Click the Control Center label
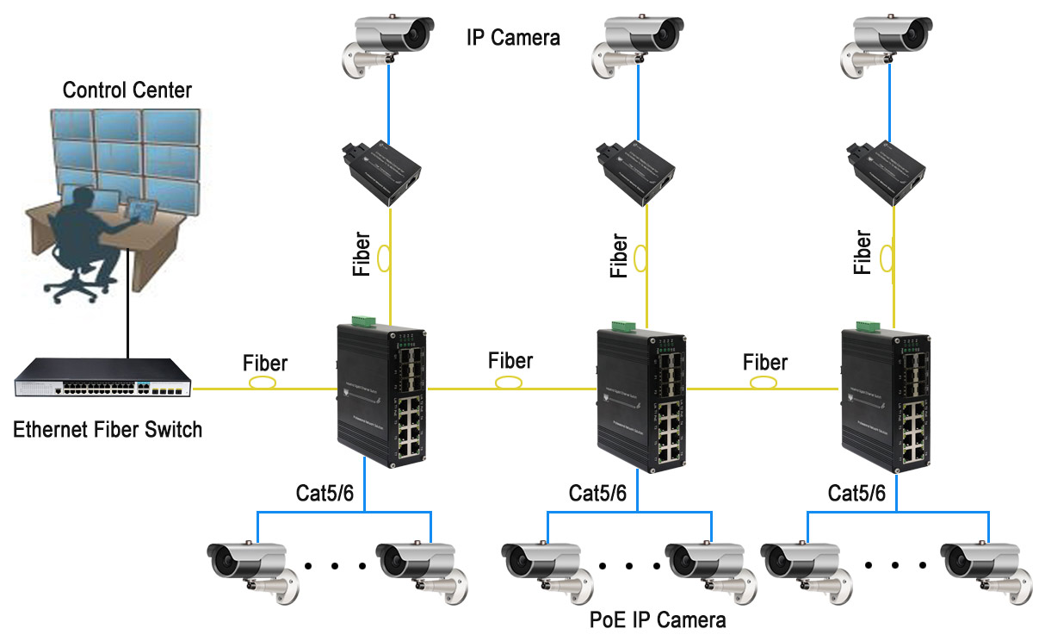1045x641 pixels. click(x=127, y=90)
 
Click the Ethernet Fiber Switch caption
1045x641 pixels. click(x=108, y=429)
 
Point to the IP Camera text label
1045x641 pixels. click(x=513, y=37)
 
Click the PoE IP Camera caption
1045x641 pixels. click(x=658, y=619)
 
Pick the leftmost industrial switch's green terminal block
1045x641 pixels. click(x=362, y=321)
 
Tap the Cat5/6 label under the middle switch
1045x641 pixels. click(x=597, y=493)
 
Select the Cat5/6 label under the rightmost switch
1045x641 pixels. click(x=856, y=493)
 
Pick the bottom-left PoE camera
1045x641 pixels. click(x=249, y=566)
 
